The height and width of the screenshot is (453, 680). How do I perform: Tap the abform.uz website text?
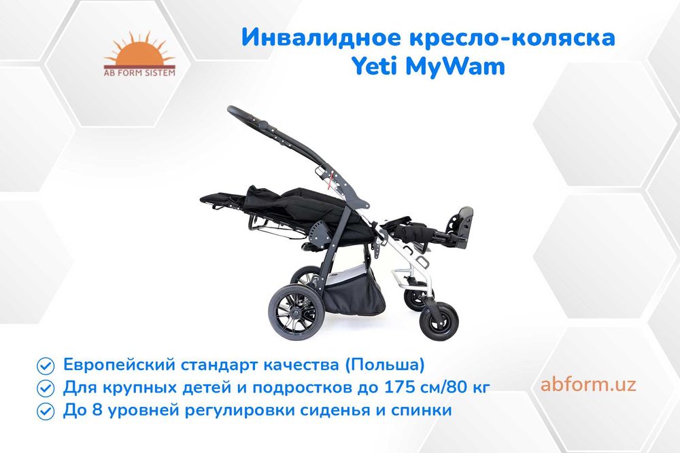tap(589, 384)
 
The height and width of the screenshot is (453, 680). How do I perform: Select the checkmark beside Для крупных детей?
tap(46, 388)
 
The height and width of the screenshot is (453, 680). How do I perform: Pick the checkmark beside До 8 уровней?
tap(46, 412)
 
